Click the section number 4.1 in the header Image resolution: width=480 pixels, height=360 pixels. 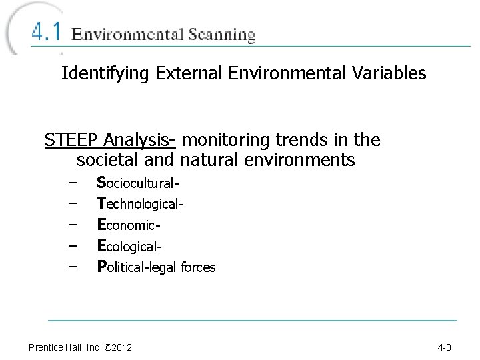click(x=47, y=33)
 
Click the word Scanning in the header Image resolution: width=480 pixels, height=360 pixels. click(x=221, y=35)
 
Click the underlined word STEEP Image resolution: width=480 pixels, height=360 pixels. click(x=71, y=140)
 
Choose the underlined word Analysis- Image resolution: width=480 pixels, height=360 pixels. click(x=139, y=141)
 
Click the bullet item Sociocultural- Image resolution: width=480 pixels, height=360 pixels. click(x=139, y=182)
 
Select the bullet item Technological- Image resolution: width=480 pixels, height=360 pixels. click(x=140, y=203)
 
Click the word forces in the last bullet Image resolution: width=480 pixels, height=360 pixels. click(x=199, y=267)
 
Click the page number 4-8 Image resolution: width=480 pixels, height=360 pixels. click(x=444, y=347)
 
